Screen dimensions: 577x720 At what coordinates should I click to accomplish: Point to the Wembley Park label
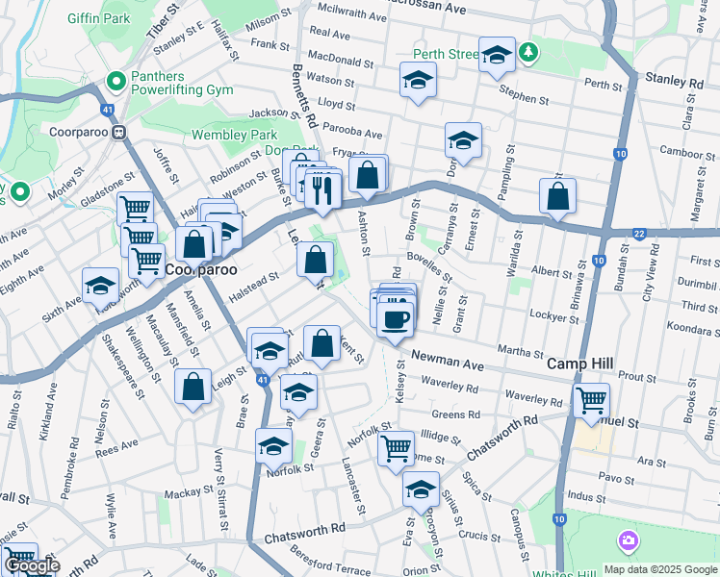click(234, 136)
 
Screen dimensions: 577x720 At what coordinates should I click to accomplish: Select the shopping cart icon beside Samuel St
click(590, 397)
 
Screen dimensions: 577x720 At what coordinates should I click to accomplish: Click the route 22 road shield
click(639, 234)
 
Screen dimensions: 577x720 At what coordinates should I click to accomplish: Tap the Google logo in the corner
click(32, 566)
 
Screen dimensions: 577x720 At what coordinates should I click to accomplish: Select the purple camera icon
click(629, 541)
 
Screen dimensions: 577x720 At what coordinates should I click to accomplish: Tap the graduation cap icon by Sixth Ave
click(100, 287)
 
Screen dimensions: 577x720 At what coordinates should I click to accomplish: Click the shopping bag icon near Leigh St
click(193, 387)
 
